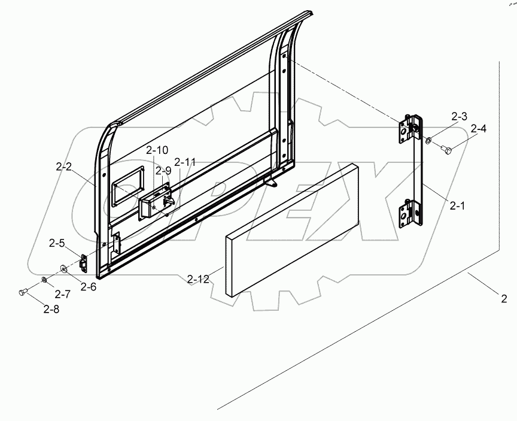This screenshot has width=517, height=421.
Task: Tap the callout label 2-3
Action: pos(460,117)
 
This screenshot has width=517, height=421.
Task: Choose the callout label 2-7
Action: pos(62,294)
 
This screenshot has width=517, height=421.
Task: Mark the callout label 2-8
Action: pos(51,309)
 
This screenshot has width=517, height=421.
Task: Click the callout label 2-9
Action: pos(163,171)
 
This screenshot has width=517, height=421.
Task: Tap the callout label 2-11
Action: pos(185,162)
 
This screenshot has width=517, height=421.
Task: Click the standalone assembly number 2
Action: pos(504,298)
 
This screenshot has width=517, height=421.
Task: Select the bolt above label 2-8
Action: pos(23,292)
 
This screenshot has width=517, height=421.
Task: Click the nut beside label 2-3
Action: pos(429,141)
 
